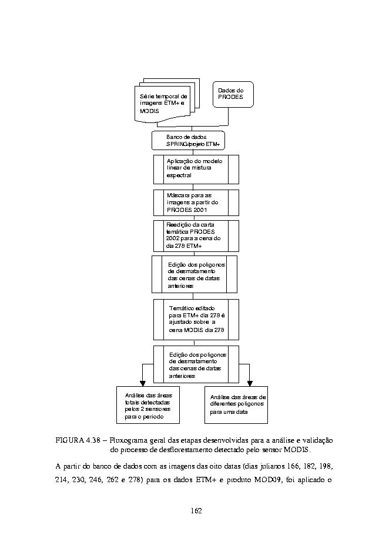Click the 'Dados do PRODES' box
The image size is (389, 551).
tap(233, 94)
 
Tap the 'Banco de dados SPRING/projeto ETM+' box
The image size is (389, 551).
tap(188, 141)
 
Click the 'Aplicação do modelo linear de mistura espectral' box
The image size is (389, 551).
tap(196, 170)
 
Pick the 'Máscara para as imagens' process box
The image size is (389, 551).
tap(196, 203)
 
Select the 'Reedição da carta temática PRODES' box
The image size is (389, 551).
tap(196, 236)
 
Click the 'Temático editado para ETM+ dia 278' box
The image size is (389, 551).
tap(196, 320)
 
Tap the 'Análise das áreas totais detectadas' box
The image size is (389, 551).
tap(148, 405)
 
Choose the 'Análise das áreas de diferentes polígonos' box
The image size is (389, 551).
tap(236, 405)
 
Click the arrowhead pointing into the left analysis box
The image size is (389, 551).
tap(142, 383)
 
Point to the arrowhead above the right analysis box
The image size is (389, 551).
tap(250, 383)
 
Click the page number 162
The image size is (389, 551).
tap(196, 510)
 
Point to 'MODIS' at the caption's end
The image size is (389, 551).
tap(297, 450)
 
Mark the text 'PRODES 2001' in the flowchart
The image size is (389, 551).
tap(187, 210)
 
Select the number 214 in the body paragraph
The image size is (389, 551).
tap(61, 480)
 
